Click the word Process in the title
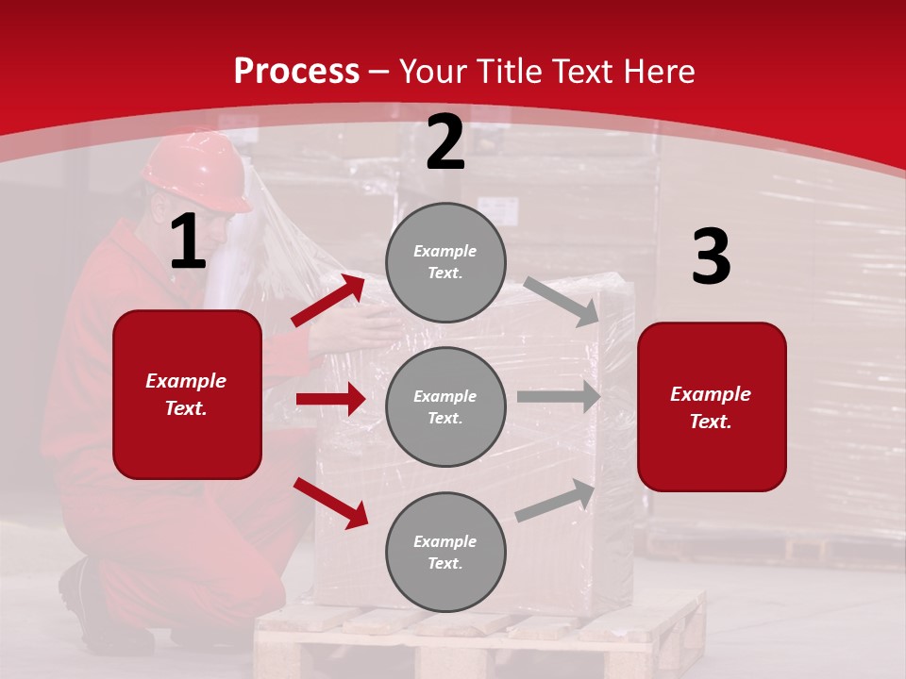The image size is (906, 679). coord(296,72)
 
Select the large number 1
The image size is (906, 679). coord(188,241)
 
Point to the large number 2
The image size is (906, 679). coord(445,142)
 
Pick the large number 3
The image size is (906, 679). coord(711,257)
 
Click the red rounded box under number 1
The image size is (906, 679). coord(187,394)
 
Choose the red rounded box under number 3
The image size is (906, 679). coord(712,406)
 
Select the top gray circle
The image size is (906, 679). coord(445,262)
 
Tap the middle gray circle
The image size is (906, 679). coord(445,406)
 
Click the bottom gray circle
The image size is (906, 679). coord(445,552)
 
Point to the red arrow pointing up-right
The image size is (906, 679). coord(327,300)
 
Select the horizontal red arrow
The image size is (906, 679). coord(330,399)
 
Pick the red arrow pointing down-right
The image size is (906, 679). coord(330,503)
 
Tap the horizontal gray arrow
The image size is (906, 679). coord(558,397)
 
